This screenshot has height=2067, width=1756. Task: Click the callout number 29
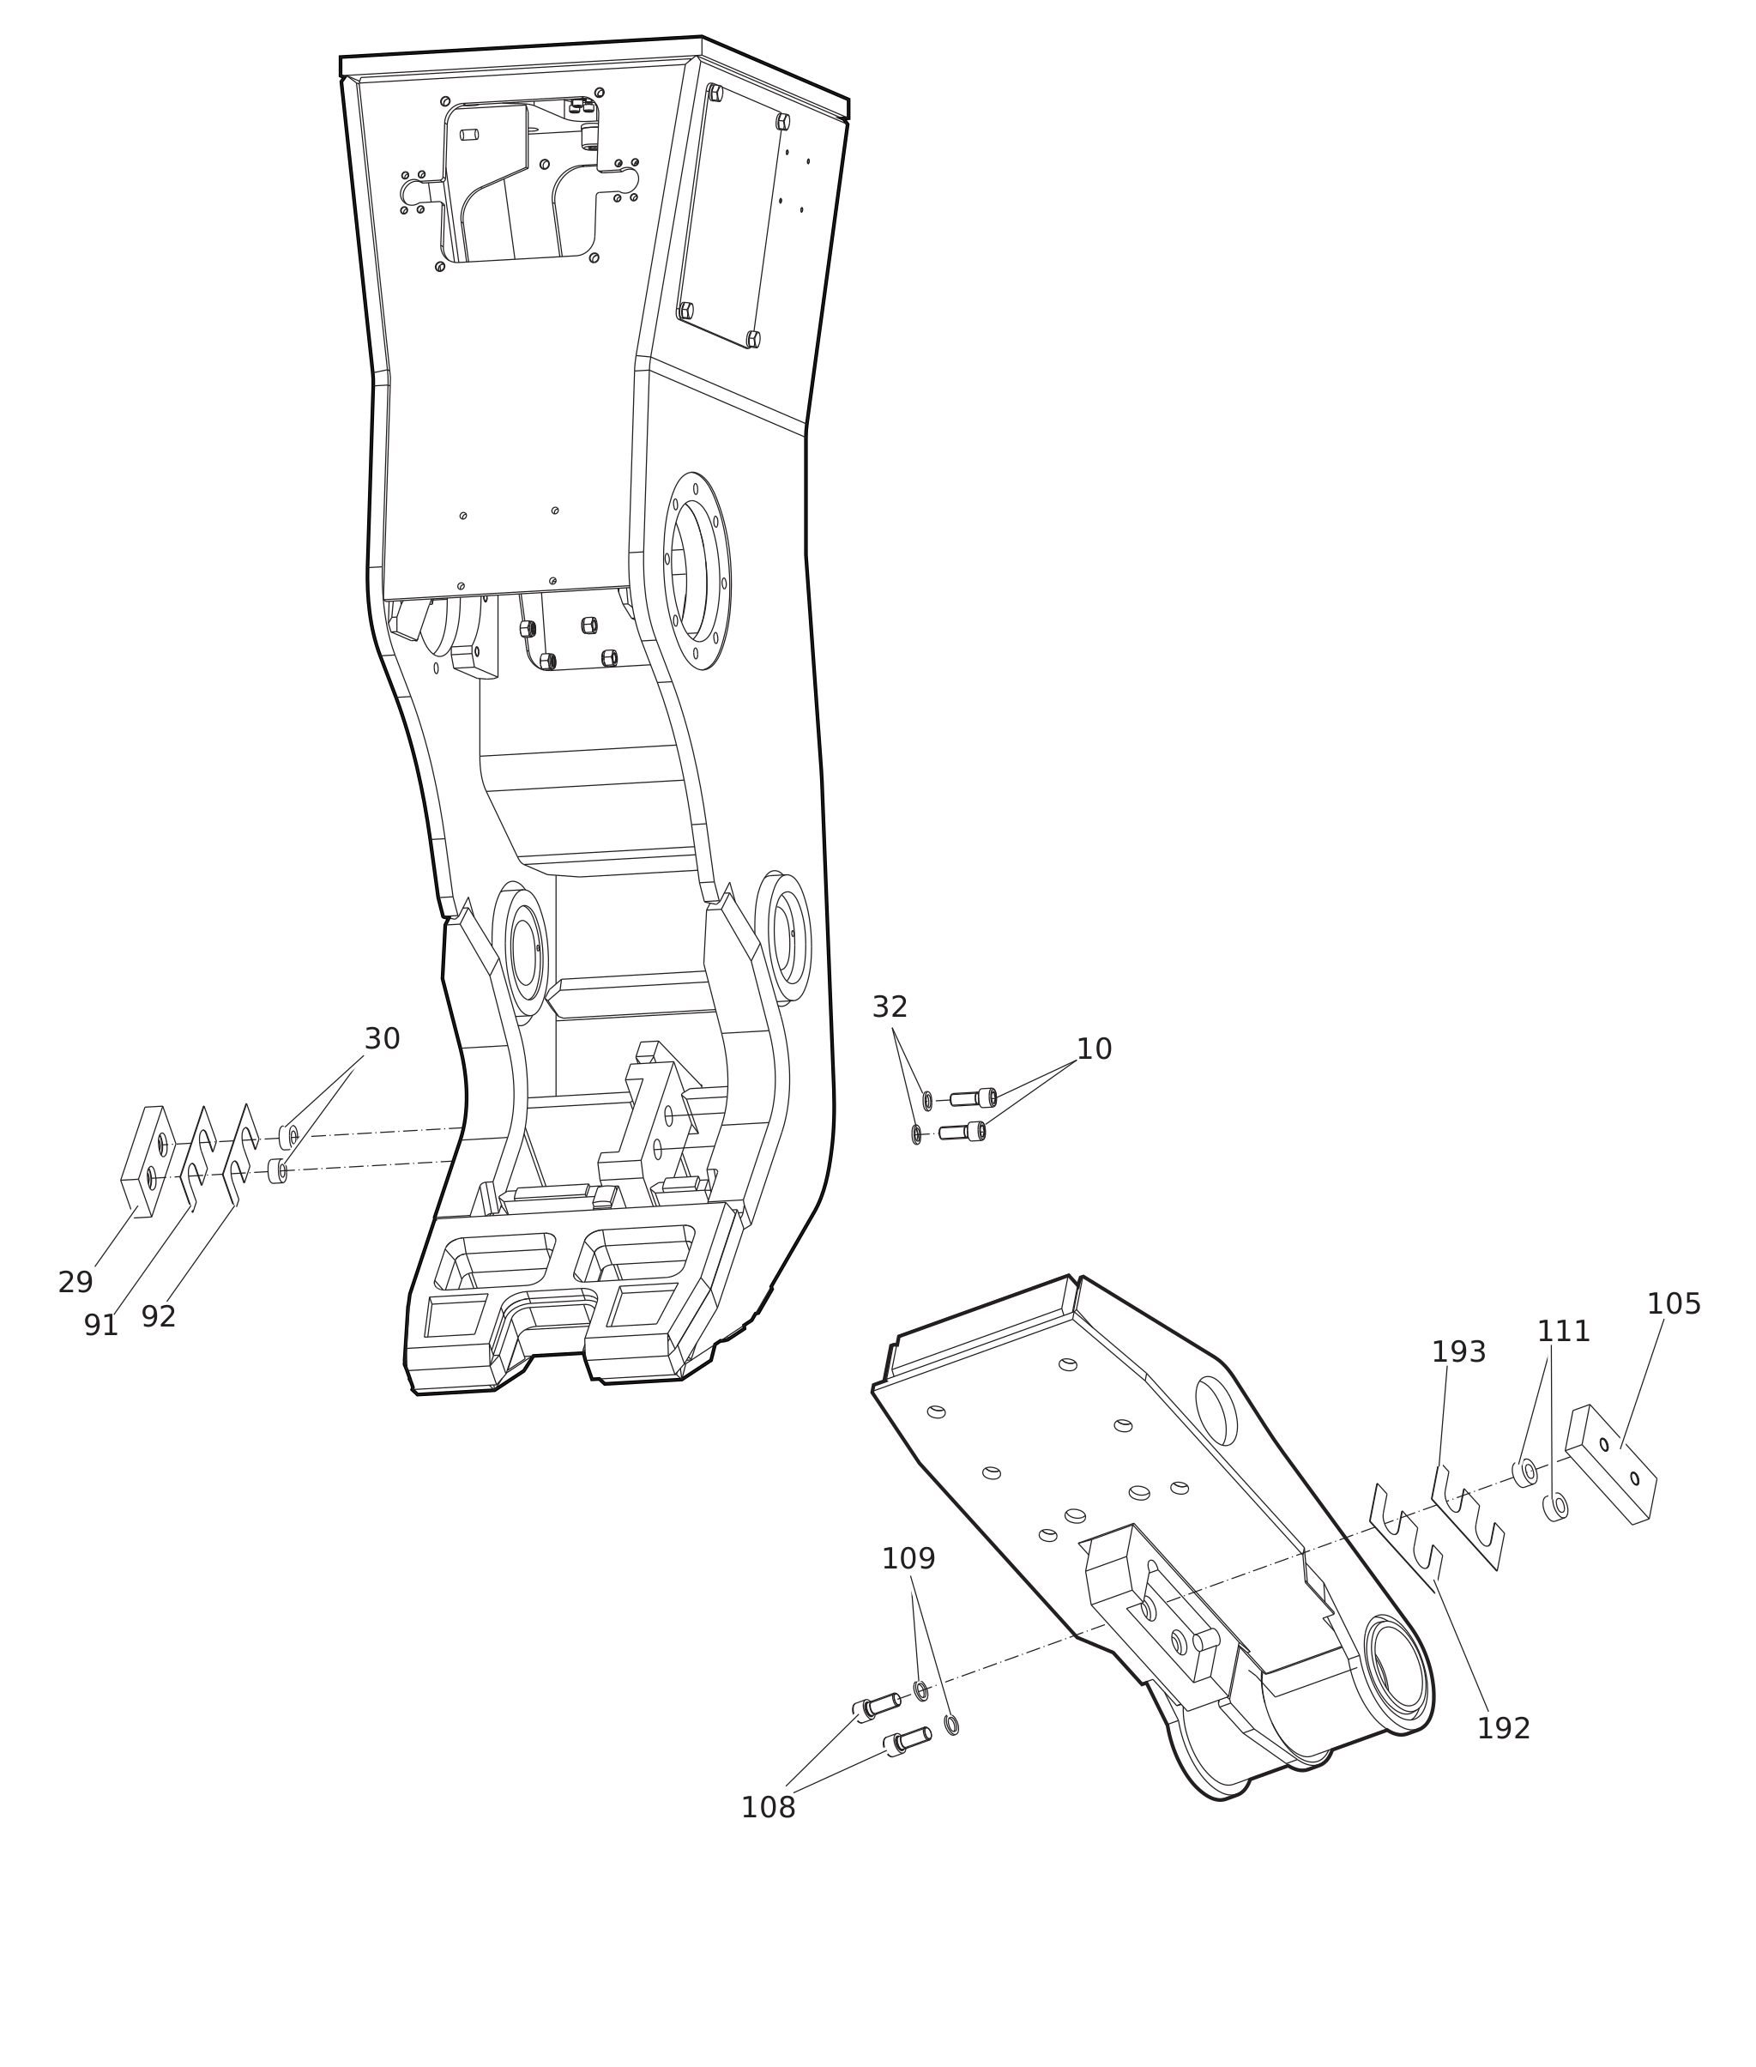[x=75, y=1283]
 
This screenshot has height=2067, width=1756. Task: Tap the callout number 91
[x=100, y=1325]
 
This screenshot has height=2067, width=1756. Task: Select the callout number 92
[x=159, y=1316]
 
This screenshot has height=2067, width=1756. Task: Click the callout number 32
[x=890, y=1006]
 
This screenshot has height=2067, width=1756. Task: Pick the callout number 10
[x=1094, y=1049]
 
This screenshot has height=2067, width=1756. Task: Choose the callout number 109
[x=908, y=1558]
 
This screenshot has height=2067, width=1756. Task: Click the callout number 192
[x=1503, y=1728]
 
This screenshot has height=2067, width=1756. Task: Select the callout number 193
[x=1458, y=1352]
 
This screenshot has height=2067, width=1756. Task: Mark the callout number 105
[x=1675, y=1303]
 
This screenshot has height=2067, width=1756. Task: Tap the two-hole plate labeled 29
[x=149, y=1161]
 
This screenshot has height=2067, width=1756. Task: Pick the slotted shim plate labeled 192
[x=1406, y=1541]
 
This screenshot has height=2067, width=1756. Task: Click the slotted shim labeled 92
[x=240, y=1153]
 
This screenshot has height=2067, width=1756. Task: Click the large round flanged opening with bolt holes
[x=697, y=571]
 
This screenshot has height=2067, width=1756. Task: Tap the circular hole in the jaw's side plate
[x=1216, y=1410]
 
